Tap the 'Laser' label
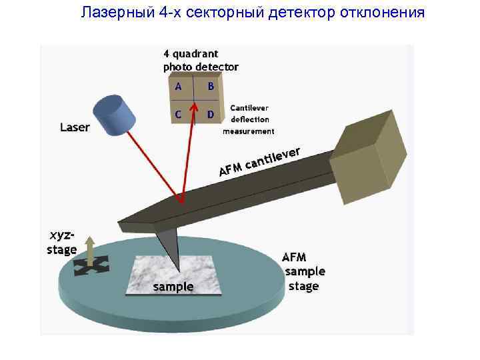click(75, 127)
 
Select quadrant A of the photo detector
click(178, 87)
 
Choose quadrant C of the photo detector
click(178, 114)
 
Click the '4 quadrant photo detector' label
click(200, 60)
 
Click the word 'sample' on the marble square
click(173, 287)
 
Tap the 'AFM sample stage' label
click(304, 272)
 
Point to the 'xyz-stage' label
click(63, 243)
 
